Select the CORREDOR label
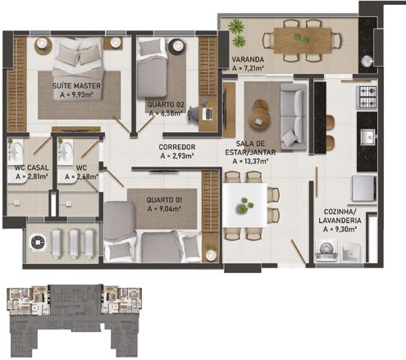pos(176,146)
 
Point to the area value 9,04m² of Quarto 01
pos(165,208)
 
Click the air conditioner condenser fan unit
pos(38,243)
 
